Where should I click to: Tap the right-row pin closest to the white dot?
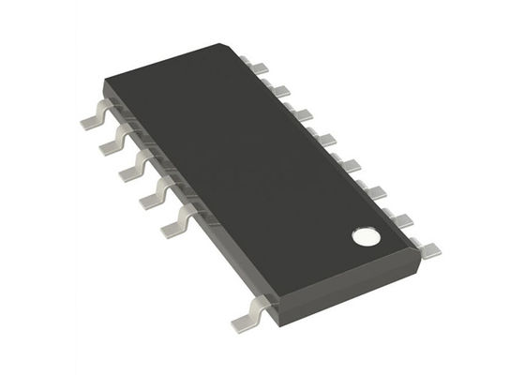pyautogui.click(x=428, y=248)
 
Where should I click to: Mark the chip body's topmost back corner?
pyautogui.click(x=229, y=43)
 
